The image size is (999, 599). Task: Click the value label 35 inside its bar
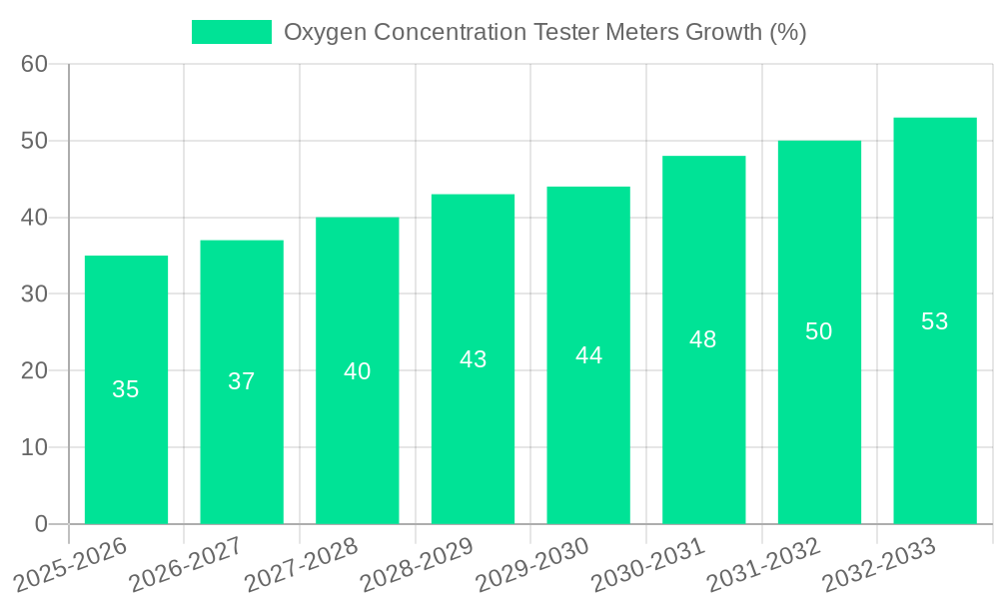[126, 389]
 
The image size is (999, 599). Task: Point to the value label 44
[588, 355]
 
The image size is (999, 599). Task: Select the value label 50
[818, 331]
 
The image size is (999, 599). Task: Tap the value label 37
[242, 381]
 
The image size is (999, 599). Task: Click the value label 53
[934, 321]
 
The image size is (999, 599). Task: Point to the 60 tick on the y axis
[34, 64]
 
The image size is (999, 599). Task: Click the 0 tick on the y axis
[41, 524]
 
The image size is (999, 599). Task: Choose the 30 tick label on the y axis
[34, 295]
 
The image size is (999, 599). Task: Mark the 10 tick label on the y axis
[34, 447]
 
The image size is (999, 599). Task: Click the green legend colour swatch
[231, 32]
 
